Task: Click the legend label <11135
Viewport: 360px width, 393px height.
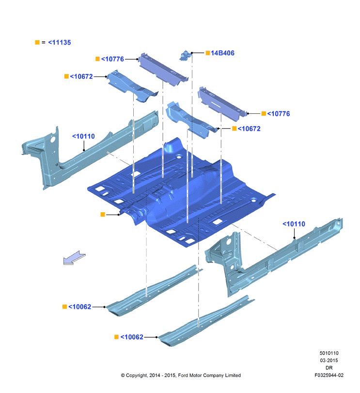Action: point(60,42)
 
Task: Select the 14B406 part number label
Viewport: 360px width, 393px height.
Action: point(222,53)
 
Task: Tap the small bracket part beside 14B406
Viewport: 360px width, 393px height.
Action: point(185,55)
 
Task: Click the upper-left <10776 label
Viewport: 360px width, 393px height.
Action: point(112,59)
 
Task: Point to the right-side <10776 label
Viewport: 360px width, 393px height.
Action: point(279,113)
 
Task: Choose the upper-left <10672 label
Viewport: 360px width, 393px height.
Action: point(81,77)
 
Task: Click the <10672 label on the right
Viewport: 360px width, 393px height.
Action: point(249,128)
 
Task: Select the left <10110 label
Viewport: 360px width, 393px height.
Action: point(83,136)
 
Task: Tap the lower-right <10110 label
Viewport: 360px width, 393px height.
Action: point(294,224)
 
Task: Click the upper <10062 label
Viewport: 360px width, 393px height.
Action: point(79,307)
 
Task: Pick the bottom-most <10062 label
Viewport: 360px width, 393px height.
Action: point(132,337)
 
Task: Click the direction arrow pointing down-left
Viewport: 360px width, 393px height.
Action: point(74,258)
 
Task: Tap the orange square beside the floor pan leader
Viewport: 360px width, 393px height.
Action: point(103,214)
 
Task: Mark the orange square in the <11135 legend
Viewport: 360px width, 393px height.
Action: point(37,42)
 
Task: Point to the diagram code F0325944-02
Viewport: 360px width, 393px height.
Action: point(329,375)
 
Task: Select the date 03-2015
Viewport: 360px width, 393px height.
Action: point(329,361)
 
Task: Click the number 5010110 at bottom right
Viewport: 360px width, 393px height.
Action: point(329,353)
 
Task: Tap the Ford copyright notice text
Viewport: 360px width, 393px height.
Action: point(181,375)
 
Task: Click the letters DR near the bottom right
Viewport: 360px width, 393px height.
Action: point(329,368)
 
